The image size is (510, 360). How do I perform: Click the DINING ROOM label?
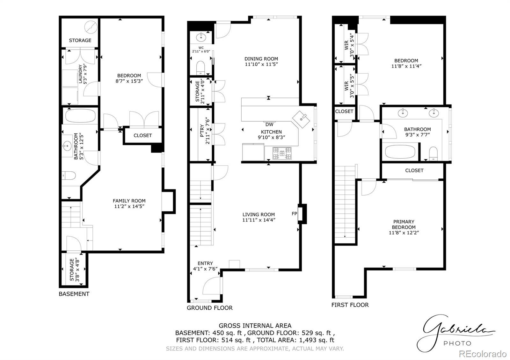[x=261, y=59]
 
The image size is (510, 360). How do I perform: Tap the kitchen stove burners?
[x=282, y=153]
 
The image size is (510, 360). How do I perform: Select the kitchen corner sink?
[x=301, y=119]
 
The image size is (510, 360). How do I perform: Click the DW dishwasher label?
[x=269, y=125]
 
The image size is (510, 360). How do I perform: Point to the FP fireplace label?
[x=295, y=213]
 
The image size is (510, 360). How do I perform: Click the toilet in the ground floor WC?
[x=200, y=67]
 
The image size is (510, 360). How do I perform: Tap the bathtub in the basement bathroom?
[x=80, y=116]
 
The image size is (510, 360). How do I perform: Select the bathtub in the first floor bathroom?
[x=400, y=152]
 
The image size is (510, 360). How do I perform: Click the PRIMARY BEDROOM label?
[x=404, y=224]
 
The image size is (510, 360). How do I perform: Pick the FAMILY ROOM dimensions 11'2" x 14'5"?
[x=129, y=206]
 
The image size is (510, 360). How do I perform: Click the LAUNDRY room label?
[x=80, y=74]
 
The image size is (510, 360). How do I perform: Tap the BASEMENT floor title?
[x=74, y=294]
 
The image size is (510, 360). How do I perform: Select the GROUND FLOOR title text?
[x=210, y=308]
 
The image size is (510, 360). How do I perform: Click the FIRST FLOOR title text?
[x=350, y=305]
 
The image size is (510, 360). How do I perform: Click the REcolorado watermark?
[x=483, y=354]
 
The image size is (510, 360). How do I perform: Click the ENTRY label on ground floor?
[x=205, y=263]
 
